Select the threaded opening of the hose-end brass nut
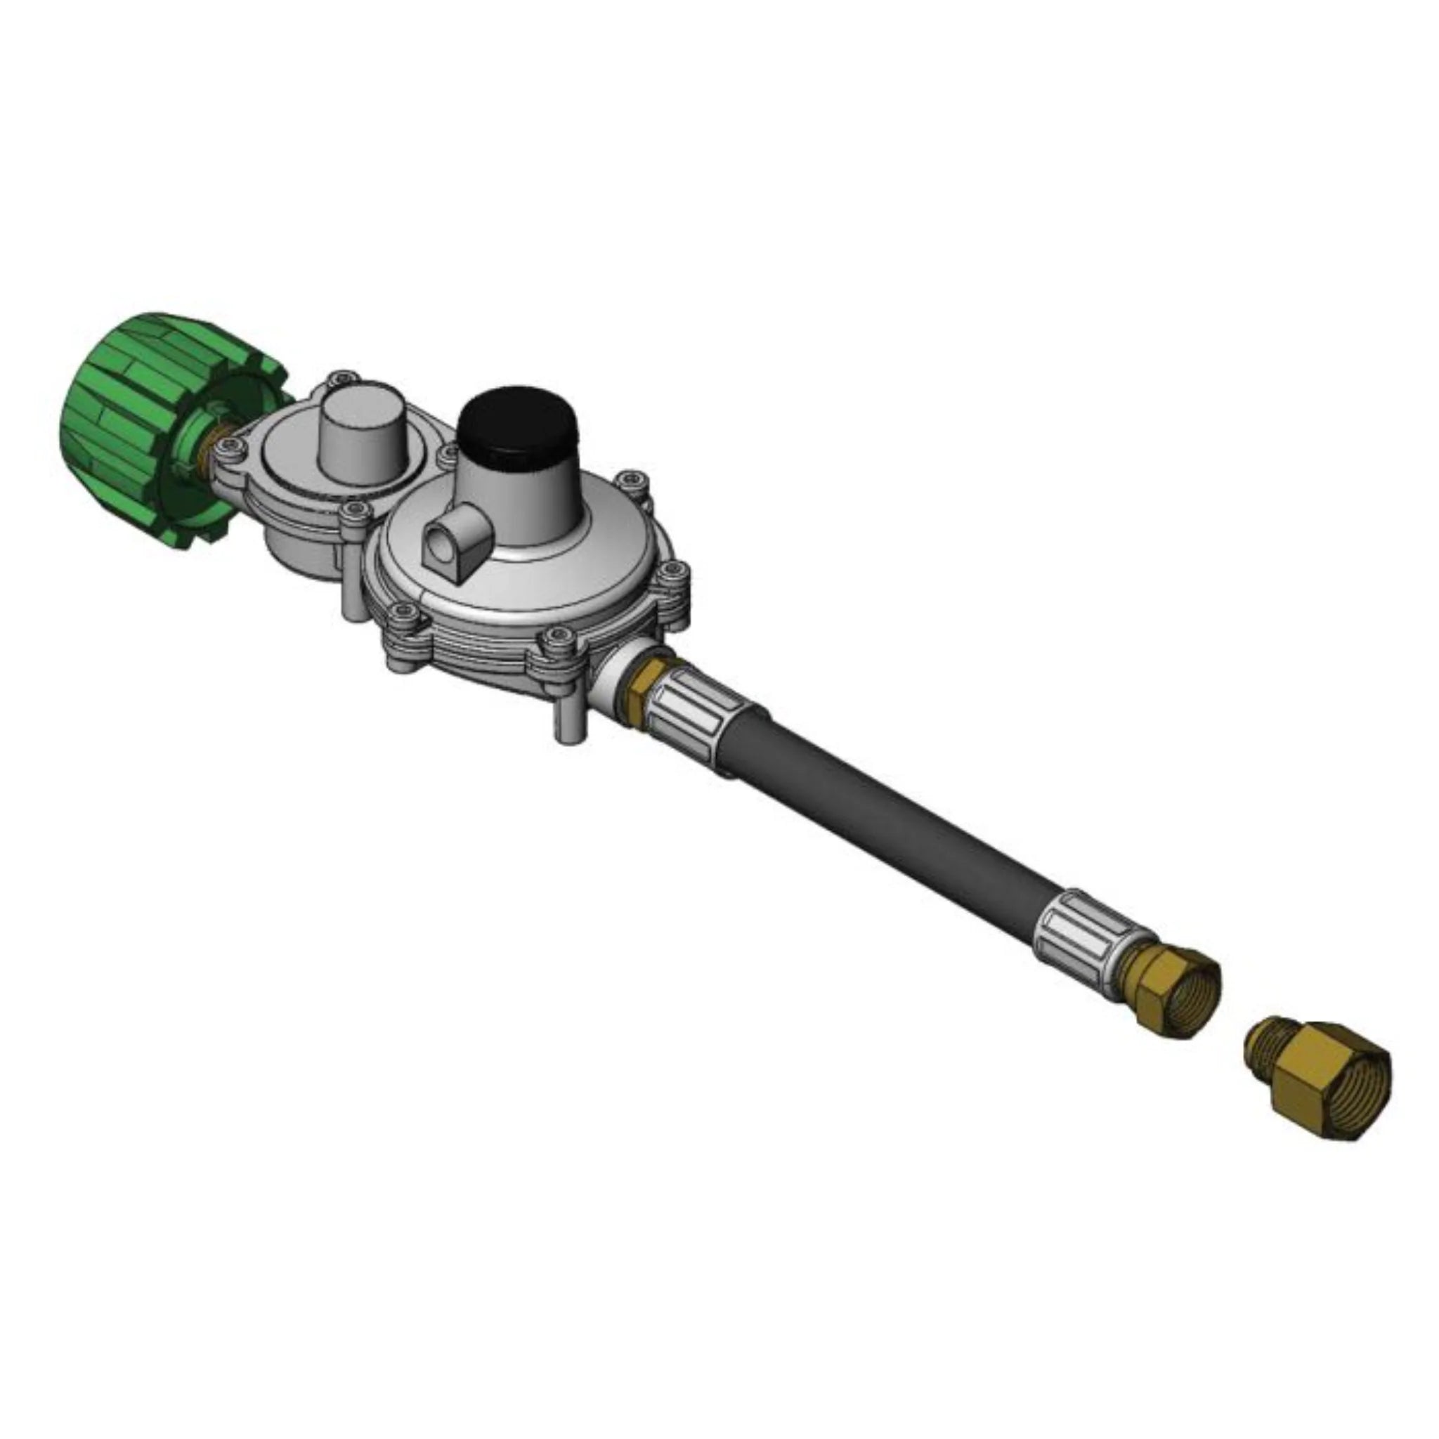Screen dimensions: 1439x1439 click(1196, 1002)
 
